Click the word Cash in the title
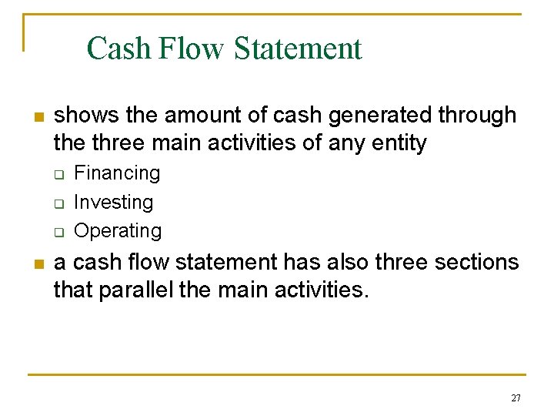[x=119, y=48]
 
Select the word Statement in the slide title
[x=298, y=48]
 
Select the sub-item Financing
[x=117, y=173]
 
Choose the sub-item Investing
[x=113, y=203]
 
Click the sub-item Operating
[x=118, y=231]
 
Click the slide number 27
[x=516, y=398]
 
